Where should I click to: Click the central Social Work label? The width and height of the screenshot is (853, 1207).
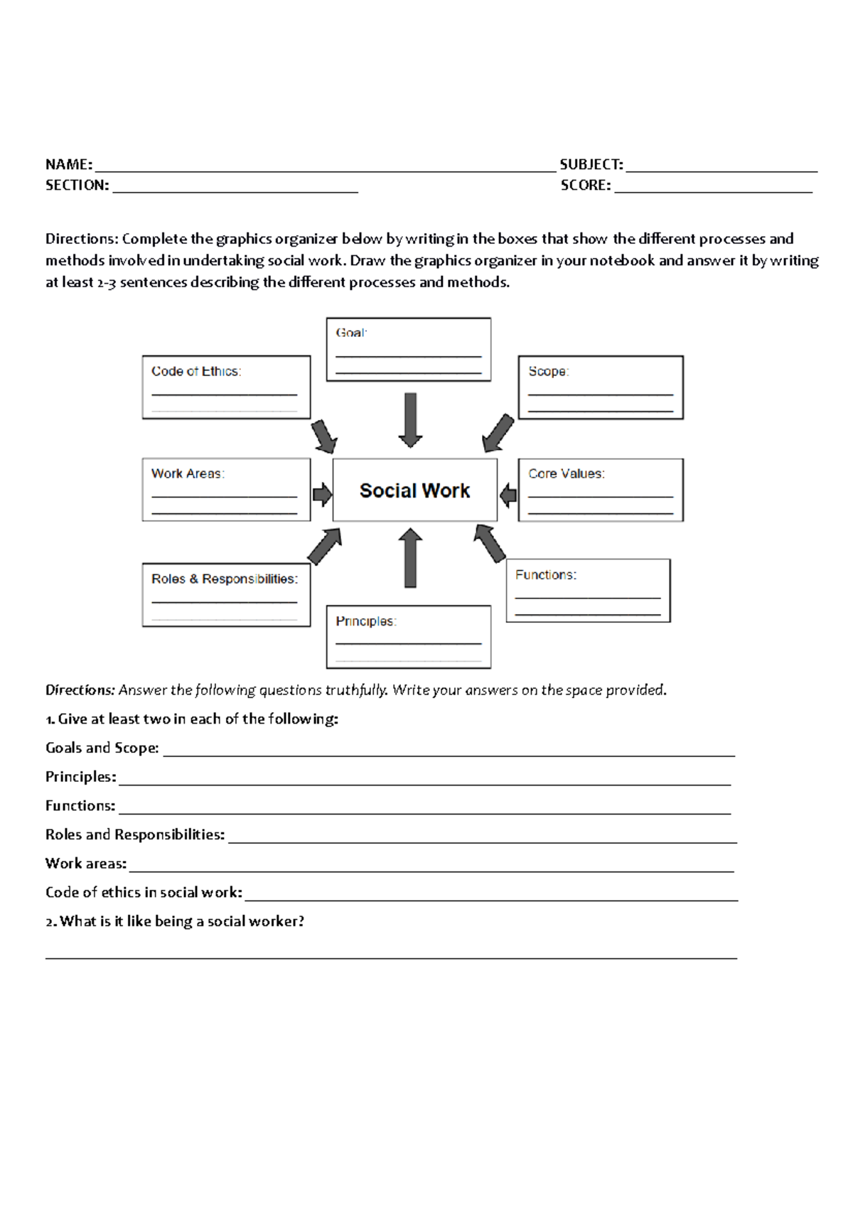[x=414, y=490]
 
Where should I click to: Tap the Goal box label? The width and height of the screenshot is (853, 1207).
[x=351, y=333]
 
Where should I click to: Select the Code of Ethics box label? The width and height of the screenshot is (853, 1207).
[x=196, y=371]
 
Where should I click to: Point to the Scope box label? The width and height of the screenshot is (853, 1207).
[x=548, y=371]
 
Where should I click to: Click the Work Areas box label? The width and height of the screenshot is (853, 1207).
[x=188, y=473]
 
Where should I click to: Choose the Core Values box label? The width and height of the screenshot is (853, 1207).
[x=566, y=473]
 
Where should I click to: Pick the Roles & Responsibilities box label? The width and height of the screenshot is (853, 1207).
[x=225, y=579]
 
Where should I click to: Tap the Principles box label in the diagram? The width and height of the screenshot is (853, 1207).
[x=365, y=621]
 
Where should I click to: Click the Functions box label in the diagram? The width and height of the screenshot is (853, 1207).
[x=545, y=574]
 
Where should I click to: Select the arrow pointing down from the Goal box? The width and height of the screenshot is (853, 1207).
[x=410, y=420]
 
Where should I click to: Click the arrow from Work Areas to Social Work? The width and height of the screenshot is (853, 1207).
[x=322, y=494]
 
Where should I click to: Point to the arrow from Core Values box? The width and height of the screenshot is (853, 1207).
[x=508, y=495]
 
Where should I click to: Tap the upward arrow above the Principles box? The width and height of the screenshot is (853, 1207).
[x=410, y=557]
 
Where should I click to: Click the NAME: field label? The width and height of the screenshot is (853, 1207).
[x=69, y=165]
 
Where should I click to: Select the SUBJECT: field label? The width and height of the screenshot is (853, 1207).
[x=591, y=165]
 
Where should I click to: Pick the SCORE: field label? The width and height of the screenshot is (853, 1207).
[x=585, y=186]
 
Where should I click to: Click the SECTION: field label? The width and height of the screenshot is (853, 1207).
[x=77, y=186]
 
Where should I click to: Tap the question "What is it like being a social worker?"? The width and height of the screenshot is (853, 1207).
[x=175, y=921]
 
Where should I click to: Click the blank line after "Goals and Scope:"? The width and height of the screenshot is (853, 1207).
[x=449, y=753]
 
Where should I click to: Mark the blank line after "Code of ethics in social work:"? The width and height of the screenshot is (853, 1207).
[x=490, y=898]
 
